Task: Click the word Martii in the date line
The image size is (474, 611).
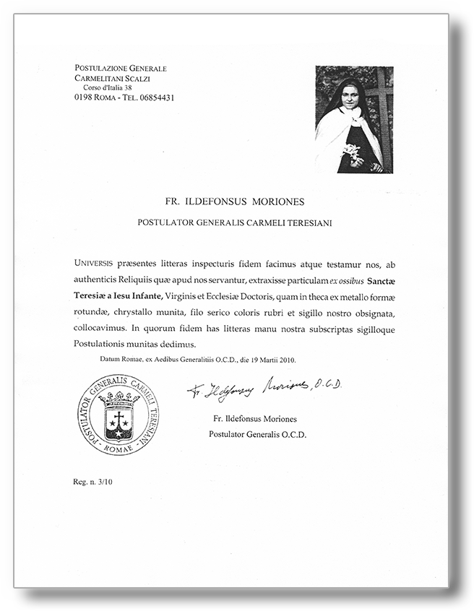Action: (x=260, y=359)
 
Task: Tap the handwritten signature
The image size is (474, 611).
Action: (x=264, y=389)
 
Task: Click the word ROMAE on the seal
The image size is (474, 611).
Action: (x=118, y=448)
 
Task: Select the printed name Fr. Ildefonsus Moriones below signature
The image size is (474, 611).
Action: (x=256, y=419)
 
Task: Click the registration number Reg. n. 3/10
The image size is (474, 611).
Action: (x=93, y=480)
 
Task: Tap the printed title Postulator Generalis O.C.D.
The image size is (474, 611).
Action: (x=257, y=435)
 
